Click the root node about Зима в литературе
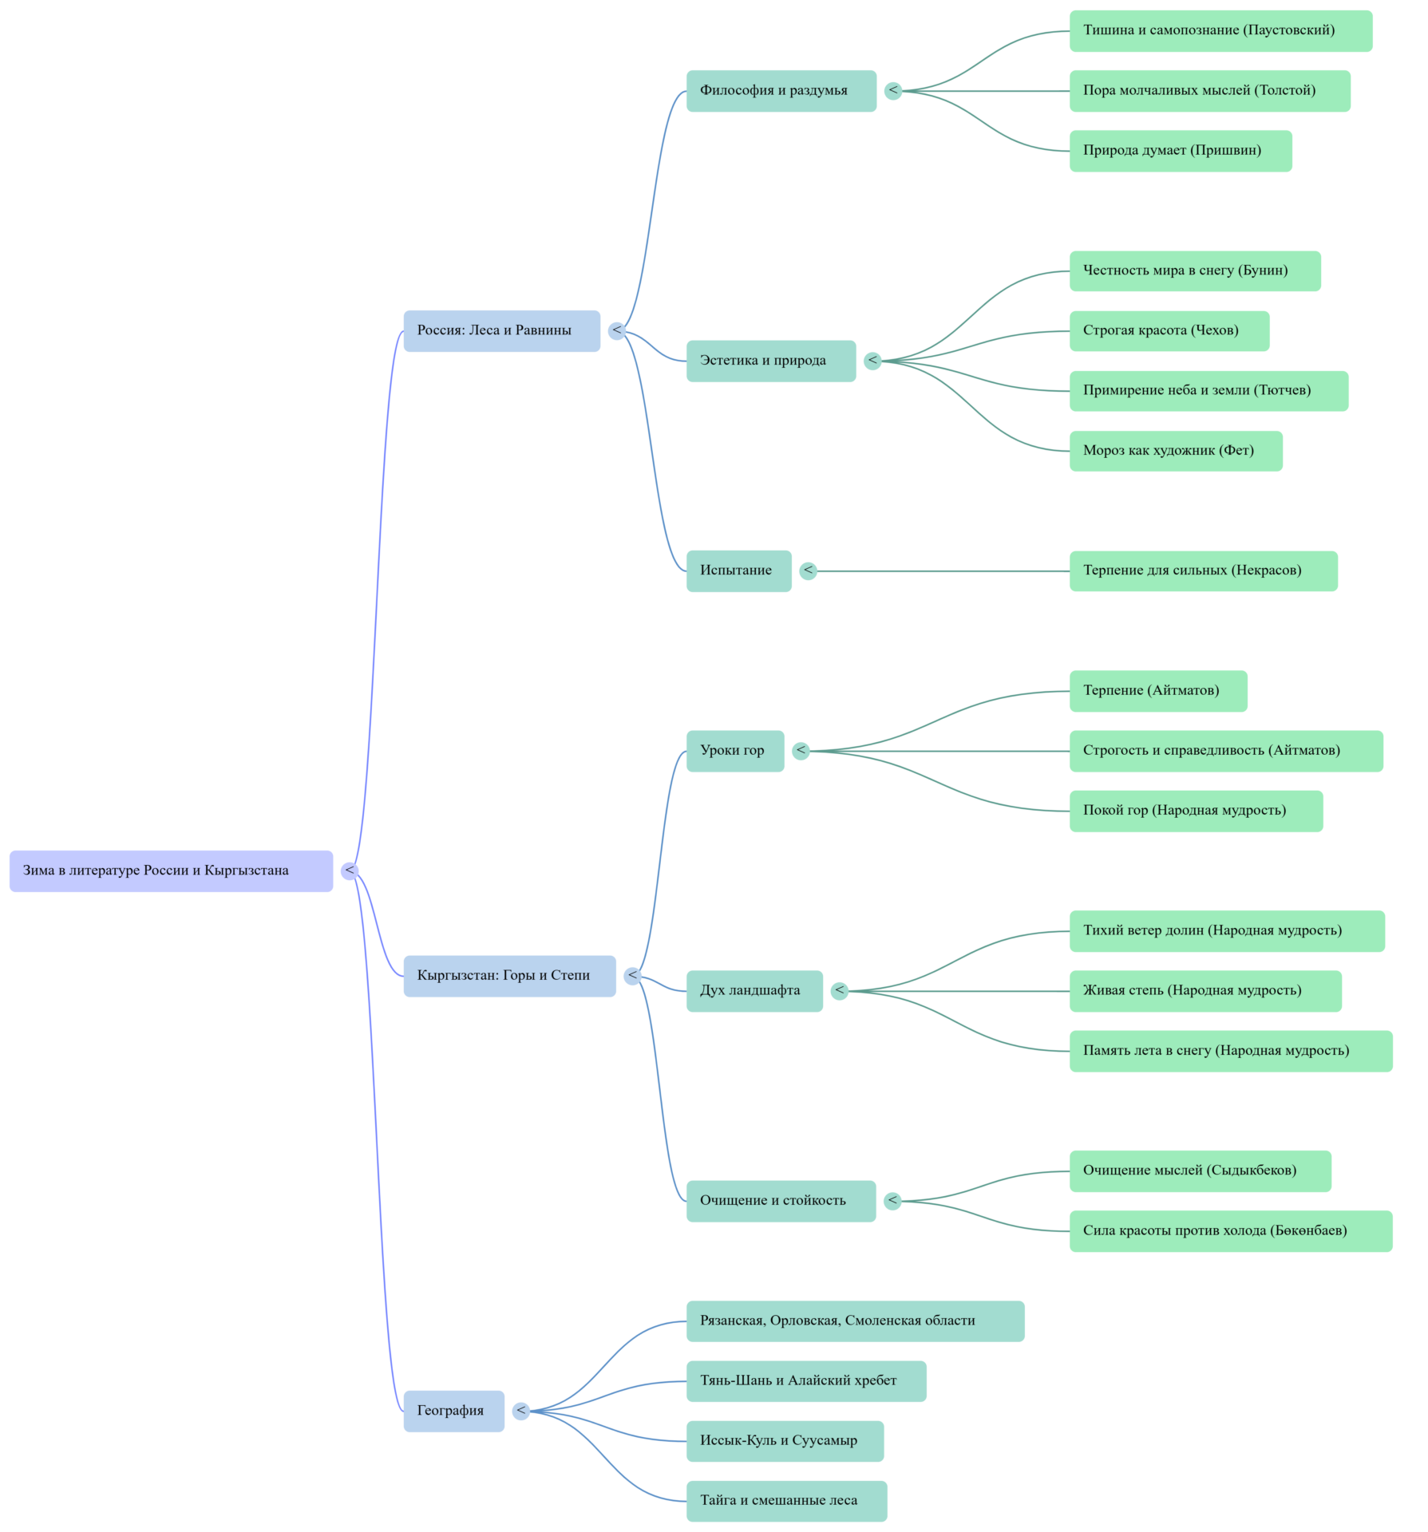171,871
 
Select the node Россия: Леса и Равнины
501,330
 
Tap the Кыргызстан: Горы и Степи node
509,975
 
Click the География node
453,1411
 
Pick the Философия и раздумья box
781,90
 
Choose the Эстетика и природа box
770,361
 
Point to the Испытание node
738,571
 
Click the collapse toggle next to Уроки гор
801,750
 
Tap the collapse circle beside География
521,1411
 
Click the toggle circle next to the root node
350,871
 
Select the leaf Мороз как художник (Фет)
1175,451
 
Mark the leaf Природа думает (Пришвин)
1180,151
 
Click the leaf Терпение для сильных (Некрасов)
1202,571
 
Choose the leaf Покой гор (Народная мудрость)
1195,811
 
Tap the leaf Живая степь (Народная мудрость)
1205,991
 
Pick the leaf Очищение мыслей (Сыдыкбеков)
1199,1171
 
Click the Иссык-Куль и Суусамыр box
785,1441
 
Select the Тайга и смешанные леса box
786,1501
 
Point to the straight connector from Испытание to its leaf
942,571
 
